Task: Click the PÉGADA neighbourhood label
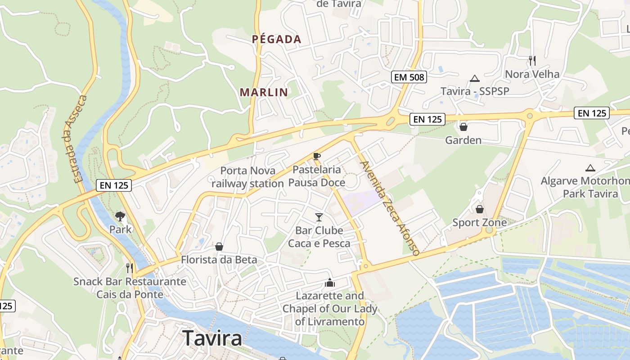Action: coord(276,39)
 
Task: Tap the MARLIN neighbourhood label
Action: coord(264,92)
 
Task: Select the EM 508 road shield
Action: coord(409,77)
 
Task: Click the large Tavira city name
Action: coord(212,338)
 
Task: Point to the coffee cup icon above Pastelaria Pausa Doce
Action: coord(317,156)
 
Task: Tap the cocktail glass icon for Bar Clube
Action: coord(319,217)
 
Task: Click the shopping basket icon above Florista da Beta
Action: coord(219,247)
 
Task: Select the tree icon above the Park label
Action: coord(120,216)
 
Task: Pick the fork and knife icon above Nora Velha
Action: coord(532,60)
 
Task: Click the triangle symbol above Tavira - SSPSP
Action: coord(474,79)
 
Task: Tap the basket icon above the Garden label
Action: coord(463,127)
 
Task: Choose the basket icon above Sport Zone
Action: coord(480,209)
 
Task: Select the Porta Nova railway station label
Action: coord(247,177)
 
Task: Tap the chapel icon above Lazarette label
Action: coord(330,283)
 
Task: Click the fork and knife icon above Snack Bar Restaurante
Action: coord(130,268)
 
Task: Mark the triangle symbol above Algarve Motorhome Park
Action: coord(590,168)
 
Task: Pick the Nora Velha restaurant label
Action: coord(532,74)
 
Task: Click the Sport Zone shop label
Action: coord(480,222)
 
